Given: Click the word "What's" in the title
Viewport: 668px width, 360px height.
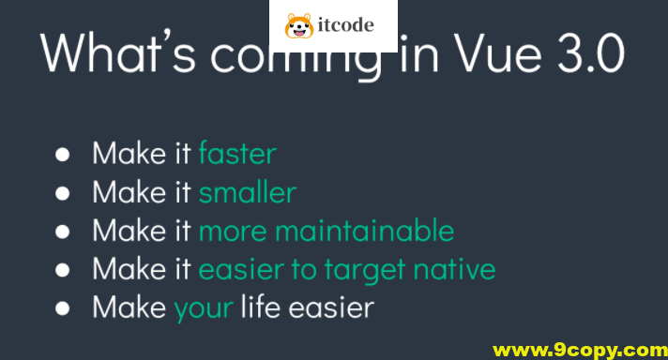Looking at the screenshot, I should (116, 55).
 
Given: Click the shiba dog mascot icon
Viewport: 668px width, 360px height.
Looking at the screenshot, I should (299, 25).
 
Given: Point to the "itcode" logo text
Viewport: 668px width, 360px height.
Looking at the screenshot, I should (345, 26).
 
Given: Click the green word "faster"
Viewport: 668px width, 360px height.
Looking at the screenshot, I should (237, 154).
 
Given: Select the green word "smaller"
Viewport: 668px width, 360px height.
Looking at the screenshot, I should (247, 192).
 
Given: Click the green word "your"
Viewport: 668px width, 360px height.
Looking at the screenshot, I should (204, 307).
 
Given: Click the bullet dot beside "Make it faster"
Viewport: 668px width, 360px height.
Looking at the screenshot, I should (63, 155).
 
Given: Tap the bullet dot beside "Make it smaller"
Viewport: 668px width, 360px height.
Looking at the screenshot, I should (63, 193).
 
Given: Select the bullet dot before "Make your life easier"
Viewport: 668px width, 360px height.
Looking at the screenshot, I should (63, 307).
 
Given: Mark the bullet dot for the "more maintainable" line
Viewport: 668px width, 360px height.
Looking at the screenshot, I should (63, 232).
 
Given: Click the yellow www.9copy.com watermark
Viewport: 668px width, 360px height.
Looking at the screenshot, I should (579, 350).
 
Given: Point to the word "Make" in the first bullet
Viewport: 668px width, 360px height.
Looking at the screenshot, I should (126, 154).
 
